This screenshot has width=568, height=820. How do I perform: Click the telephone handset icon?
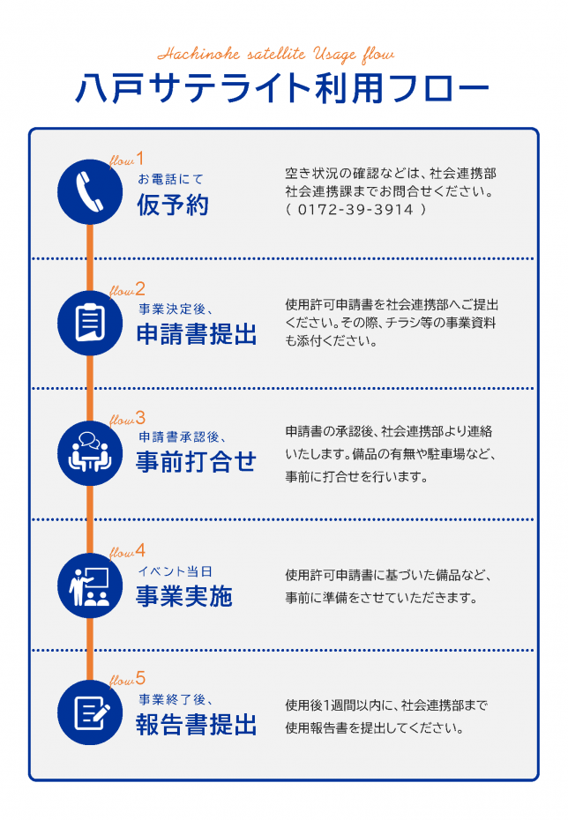(89, 192)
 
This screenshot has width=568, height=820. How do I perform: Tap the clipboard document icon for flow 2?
(90, 323)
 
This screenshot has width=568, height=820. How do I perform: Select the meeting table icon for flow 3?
(90, 451)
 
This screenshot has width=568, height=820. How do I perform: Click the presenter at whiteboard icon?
(89, 585)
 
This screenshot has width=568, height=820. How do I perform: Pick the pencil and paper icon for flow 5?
(92, 712)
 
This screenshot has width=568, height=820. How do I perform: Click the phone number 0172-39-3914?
(355, 210)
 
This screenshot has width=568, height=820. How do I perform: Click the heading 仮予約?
(173, 205)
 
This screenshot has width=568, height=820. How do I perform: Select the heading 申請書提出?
(197, 333)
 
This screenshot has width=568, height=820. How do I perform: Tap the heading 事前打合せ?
(196, 462)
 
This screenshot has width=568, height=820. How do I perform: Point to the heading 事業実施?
(184, 596)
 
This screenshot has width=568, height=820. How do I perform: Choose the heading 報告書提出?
(197, 724)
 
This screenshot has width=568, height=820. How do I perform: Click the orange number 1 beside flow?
(139, 158)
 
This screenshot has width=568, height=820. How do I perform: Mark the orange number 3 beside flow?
(140, 418)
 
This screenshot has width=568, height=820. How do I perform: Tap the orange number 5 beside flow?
(140, 678)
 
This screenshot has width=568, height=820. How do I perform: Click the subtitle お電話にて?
(170, 179)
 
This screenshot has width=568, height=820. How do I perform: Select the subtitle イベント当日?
(176, 571)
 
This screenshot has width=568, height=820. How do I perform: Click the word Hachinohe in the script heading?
(198, 54)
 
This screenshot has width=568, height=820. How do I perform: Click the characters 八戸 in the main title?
(109, 88)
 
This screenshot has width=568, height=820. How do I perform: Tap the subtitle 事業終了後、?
(176, 699)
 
